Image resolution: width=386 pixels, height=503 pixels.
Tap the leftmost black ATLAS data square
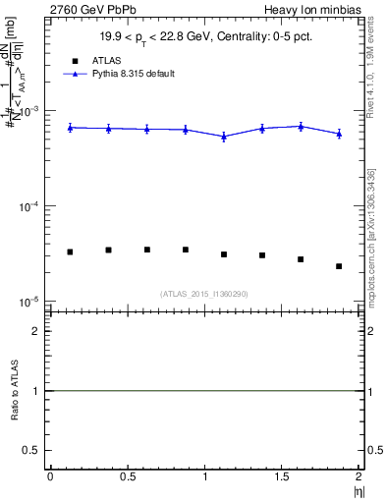click(x=70, y=252)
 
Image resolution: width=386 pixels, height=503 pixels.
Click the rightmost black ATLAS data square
click(x=339, y=266)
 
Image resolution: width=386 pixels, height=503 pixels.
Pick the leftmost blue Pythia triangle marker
click(x=70, y=128)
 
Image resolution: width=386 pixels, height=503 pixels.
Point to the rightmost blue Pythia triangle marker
click(x=339, y=134)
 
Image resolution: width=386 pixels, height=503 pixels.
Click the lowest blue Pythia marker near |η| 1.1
click(x=224, y=137)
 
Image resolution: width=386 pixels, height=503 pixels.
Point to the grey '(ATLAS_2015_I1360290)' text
click(x=204, y=294)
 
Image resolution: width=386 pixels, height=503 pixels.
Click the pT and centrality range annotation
click(x=204, y=37)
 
